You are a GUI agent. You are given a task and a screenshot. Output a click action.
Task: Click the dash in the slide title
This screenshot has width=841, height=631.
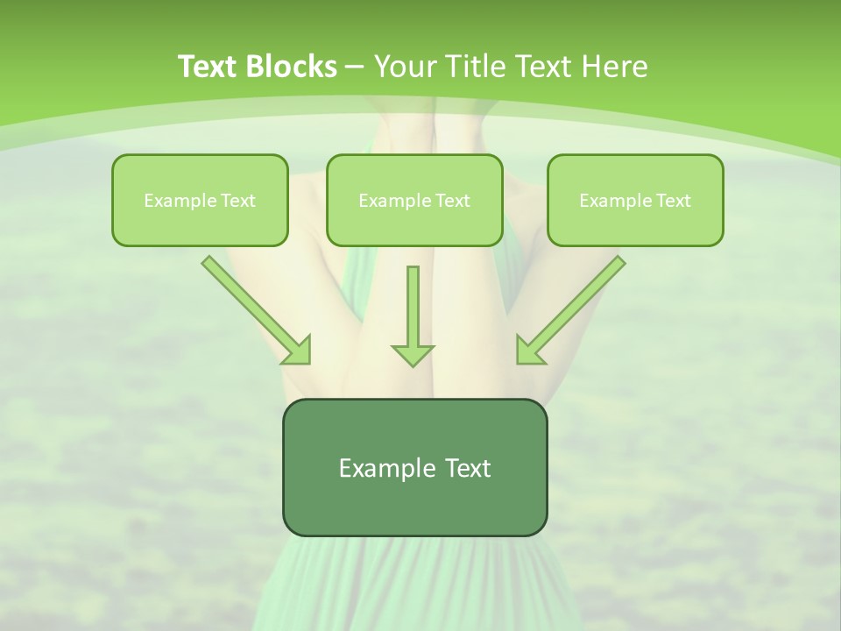coord(354,67)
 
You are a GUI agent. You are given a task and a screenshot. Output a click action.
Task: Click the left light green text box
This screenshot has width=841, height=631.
coord(200,200)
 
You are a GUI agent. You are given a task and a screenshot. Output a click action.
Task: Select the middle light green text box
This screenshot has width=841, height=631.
coord(414,200)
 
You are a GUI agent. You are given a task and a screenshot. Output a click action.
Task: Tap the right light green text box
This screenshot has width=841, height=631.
coord(635,200)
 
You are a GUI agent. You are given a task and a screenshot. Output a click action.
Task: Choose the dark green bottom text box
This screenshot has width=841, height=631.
coord(414,467)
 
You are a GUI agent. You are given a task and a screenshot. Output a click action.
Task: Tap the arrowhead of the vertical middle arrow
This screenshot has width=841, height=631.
coord(413,354)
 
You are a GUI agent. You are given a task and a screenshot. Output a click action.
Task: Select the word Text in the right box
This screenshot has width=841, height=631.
coord(674,201)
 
